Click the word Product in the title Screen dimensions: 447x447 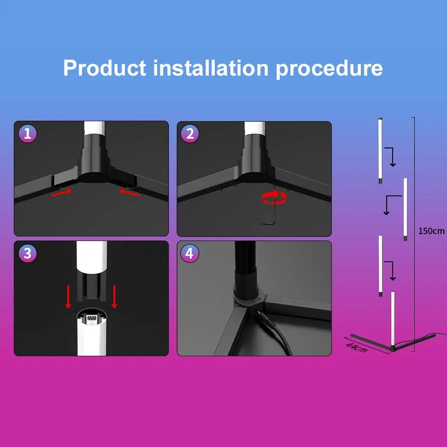[x=105, y=68]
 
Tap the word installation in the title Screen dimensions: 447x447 [x=211, y=68]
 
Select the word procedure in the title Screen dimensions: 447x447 [x=329, y=69]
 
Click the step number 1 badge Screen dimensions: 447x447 [x=28, y=134]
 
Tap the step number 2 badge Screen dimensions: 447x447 [x=190, y=134]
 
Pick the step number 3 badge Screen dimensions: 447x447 [x=28, y=253]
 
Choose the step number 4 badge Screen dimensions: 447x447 [x=190, y=253]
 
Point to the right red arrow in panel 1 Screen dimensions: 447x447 [x=129, y=193]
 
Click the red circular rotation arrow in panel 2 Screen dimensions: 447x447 [x=274, y=198]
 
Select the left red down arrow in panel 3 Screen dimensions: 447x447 [x=68, y=297]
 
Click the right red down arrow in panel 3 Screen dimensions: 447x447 [x=114, y=297]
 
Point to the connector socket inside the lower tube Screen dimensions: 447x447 [x=92, y=318]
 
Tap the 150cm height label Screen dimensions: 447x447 [x=431, y=231]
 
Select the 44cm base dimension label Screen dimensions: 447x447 [x=356, y=347]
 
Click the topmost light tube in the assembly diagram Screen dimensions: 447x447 [x=380, y=151]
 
